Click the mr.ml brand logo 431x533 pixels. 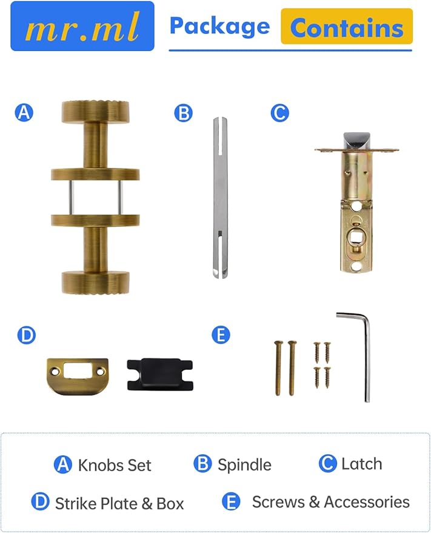pyautogui.click(x=82, y=26)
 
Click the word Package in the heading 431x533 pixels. pyautogui.click(x=219, y=26)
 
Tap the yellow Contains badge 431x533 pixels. pyautogui.click(x=347, y=27)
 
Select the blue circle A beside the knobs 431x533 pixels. pyautogui.click(x=24, y=113)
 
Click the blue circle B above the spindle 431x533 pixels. pyautogui.click(x=184, y=113)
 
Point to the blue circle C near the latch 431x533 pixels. pyautogui.click(x=279, y=113)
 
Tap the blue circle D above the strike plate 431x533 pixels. pyautogui.click(x=26, y=335)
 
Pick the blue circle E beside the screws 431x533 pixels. pyautogui.click(x=221, y=335)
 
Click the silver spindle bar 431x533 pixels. pyautogui.click(x=220, y=198)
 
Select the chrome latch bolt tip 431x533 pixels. pyautogui.click(x=356, y=141)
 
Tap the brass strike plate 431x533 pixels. pyautogui.click(x=78, y=377)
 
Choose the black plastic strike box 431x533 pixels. pyautogui.click(x=160, y=374)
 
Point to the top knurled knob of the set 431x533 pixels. pyautogui.click(x=95, y=112)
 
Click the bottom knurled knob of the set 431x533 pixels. pyautogui.click(x=95, y=283)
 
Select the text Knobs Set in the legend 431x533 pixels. pyautogui.click(x=115, y=465)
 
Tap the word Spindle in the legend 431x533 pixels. pyautogui.click(x=244, y=465)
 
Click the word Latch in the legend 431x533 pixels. pyautogui.click(x=362, y=464)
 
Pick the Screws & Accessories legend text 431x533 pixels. pyautogui.click(x=331, y=502)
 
